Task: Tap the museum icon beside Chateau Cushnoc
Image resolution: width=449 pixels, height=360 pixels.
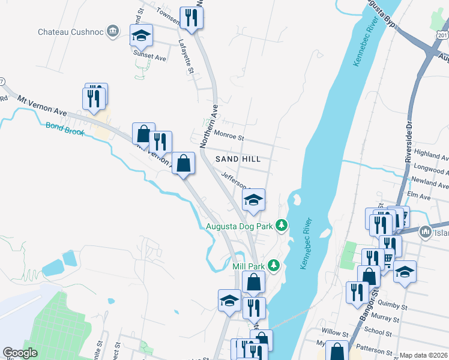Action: (112, 31)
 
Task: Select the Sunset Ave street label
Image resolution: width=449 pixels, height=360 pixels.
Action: (149, 58)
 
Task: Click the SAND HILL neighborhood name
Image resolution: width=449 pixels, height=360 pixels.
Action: (238, 159)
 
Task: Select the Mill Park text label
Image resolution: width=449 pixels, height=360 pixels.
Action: (248, 265)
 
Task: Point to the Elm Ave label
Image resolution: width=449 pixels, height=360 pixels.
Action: (419, 196)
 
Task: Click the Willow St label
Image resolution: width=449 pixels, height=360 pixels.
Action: (335, 332)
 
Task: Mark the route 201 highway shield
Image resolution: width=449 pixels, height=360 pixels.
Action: (443, 37)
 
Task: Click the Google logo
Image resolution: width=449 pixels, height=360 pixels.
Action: (20, 353)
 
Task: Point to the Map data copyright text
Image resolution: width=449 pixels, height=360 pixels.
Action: (423, 355)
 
